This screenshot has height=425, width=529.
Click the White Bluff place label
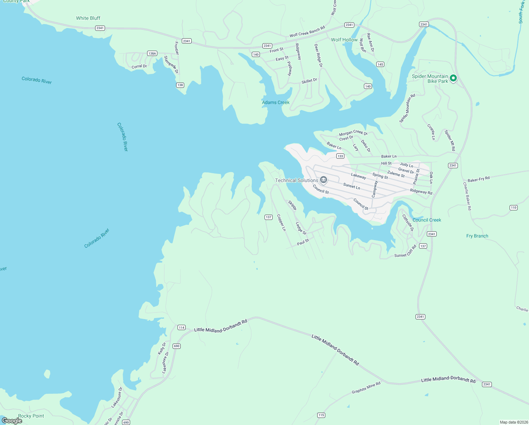coord(88,18)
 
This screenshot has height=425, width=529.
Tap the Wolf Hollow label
coord(344,40)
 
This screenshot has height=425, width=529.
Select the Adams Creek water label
coord(275,102)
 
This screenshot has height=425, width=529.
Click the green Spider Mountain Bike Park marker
coord(453,78)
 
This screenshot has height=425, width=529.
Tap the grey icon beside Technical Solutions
coord(323,180)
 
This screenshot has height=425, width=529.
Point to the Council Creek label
coord(427,220)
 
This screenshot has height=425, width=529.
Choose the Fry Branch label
coord(477,236)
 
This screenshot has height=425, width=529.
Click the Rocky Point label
coord(31,416)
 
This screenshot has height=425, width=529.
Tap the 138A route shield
coord(152,53)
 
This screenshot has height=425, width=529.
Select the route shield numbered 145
coord(380,64)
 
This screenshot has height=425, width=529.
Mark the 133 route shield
coord(340,156)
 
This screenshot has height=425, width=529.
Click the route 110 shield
coord(513,208)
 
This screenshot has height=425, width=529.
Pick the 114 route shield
coord(181,328)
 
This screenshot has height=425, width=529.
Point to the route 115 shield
coord(321,415)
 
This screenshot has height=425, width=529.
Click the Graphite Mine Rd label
coord(366,388)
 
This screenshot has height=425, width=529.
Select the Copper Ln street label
coord(281,223)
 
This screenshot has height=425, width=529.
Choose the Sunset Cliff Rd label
coord(405,251)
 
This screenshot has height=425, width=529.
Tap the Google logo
coord(12,421)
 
